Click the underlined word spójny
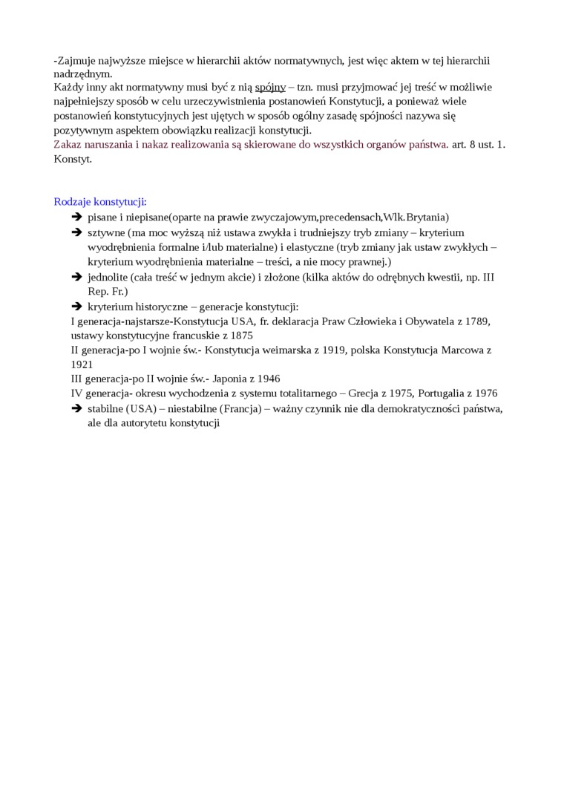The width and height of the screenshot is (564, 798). pyautogui.click(x=270, y=88)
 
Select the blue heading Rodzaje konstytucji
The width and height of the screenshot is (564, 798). pyautogui.click(x=100, y=202)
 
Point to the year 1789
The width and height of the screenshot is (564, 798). pyautogui.click(x=478, y=321)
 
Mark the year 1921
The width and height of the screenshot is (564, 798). pyautogui.click(x=82, y=364)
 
